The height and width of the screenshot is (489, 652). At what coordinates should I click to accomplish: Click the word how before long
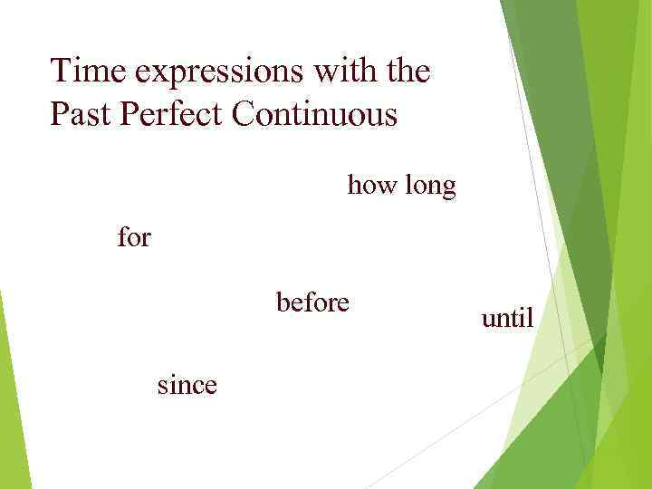click(370, 186)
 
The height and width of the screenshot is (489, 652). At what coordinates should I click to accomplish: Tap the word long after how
click(428, 187)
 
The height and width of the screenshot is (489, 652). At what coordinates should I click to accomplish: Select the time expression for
click(134, 238)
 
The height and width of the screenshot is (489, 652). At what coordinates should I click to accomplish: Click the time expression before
click(312, 302)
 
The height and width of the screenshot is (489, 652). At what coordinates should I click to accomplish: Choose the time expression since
click(187, 385)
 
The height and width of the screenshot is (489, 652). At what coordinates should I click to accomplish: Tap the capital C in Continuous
click(244, 116)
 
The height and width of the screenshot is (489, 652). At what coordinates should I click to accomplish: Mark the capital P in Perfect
click(129, 116)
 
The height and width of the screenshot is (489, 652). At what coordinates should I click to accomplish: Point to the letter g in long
click(447, 189)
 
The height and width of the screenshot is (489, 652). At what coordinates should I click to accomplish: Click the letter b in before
click(283, 302)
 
